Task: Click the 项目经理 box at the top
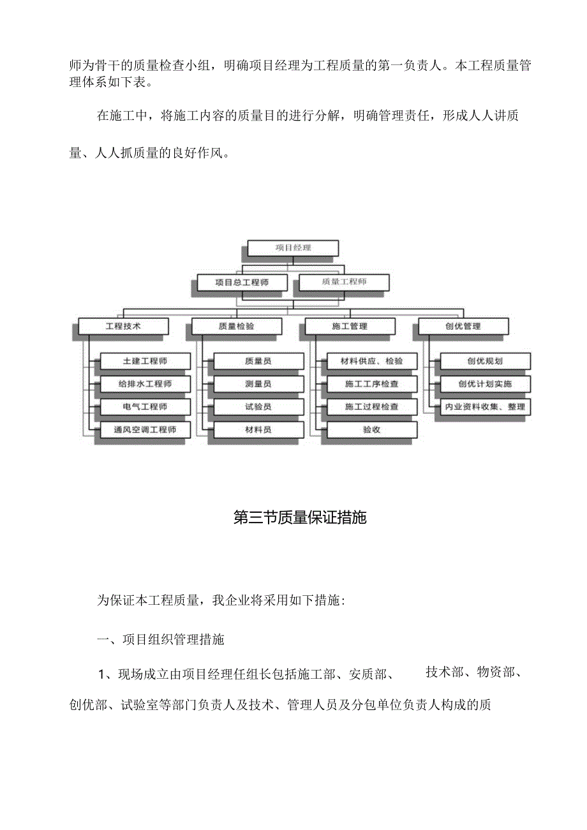[293, 248]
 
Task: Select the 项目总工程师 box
[241, 282]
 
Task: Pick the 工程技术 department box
[123, 326]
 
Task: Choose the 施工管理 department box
[350, 326]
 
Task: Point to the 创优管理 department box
[463, 326]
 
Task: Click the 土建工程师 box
[145, 361]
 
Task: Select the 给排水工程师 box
[145, 384]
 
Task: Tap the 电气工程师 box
[145, 406]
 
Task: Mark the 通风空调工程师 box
[145, 429]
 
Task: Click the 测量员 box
[258, 384]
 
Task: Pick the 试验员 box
[258, 406]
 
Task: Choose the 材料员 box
[258, 429]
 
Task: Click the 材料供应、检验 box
[371, 361]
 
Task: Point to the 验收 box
[371, 429]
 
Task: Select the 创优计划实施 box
[485, 384]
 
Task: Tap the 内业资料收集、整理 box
[485, 406]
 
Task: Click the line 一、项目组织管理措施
[160, 639]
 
